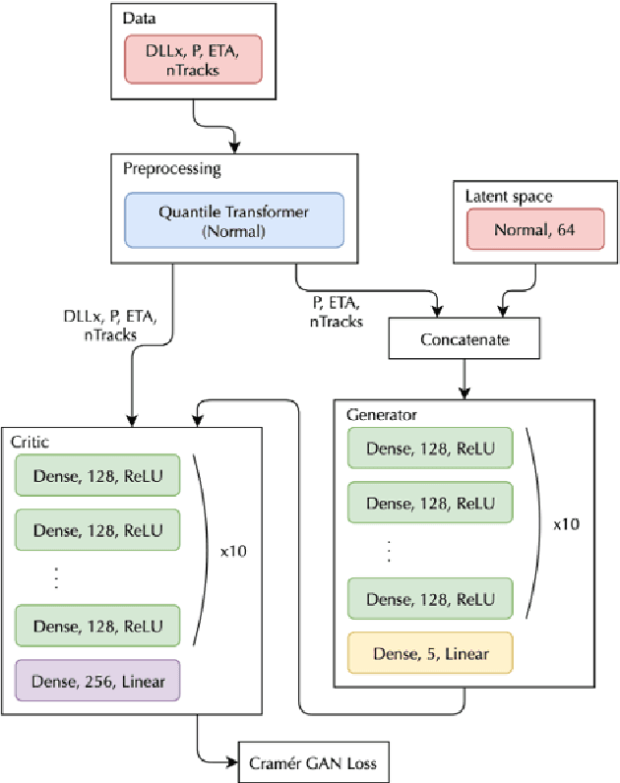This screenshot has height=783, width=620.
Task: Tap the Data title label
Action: click(139, 19)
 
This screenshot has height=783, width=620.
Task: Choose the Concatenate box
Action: click(465, 339)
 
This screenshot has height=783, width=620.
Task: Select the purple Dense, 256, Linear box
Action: click(96, 680)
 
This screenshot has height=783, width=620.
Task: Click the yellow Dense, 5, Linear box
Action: click(430, 652)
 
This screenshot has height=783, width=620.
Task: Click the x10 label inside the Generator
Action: click(565, 525)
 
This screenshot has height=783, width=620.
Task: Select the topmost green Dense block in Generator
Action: click(430, 448)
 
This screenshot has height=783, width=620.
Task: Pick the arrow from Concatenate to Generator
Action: click(464, 378)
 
